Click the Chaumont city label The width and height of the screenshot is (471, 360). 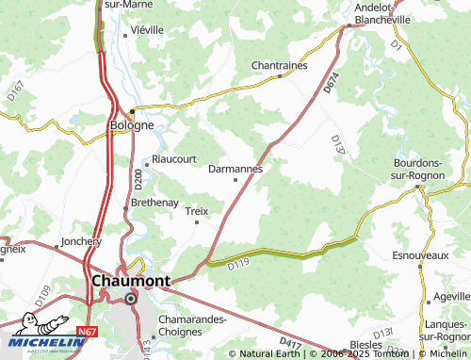131,281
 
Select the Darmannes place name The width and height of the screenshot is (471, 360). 235,169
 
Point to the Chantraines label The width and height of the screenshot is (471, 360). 280,65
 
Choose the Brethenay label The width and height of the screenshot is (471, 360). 154,202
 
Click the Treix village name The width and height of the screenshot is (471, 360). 196,211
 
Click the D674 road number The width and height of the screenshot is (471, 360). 331,81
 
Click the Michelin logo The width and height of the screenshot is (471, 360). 47,342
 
